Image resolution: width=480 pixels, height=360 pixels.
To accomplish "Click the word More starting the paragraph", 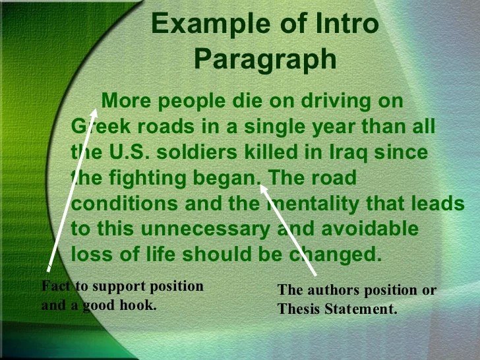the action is pyautogui.click(x=126, y=100).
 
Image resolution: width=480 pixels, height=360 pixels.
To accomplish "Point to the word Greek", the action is pyautogui.click(x=101, y=126).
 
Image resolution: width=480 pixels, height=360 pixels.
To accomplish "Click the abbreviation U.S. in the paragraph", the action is pyautogui.click(x=129, y=152).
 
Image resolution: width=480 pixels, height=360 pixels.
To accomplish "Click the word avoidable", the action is pyautogui.click(x=370, y=228).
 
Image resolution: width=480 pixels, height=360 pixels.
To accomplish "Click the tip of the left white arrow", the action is pyautogui.click(x=96, y=109).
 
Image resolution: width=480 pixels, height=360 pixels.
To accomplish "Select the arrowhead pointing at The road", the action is pyautogui.click(x=263, y=188).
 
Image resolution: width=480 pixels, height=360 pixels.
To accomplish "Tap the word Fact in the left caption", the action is pyautogui.click(x=56, y=286).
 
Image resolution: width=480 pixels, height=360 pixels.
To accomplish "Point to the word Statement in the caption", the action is pyautogui.click(x=361, y=309).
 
